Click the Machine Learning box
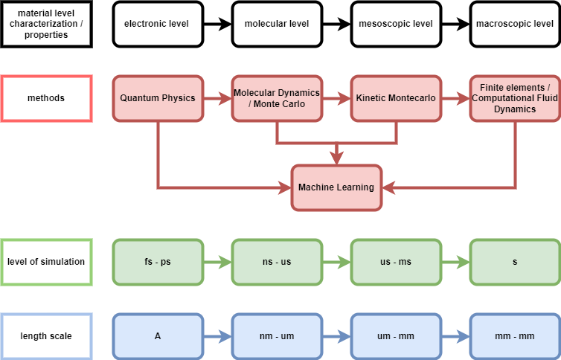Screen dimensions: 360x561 (336, 187)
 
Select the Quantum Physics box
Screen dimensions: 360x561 (158, 98)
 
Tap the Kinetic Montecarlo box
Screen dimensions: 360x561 (396, 98)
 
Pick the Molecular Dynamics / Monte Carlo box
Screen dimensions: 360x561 (277, 98)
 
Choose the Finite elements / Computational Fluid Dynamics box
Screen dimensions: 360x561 (514, 98)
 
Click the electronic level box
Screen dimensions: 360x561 (157, 24)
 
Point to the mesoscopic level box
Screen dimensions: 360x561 (396, 24)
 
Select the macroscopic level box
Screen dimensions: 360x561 (514, 24)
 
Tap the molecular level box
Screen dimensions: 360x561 (277, 24)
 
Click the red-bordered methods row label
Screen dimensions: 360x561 (46, 98)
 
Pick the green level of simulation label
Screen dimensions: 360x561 (46, 262)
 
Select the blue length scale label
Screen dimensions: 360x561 (46, 336)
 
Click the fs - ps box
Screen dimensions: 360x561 (158, 262)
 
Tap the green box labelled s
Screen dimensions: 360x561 (514, 262)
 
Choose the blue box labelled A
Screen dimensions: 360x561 (158, 336)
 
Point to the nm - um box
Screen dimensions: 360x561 (277, 336)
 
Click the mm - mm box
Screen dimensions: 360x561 (514, 336)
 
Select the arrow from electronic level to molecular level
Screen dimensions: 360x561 (217, 24)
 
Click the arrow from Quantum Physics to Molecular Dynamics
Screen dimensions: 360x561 (217, 98)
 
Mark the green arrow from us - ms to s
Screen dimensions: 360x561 (455, 262)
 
